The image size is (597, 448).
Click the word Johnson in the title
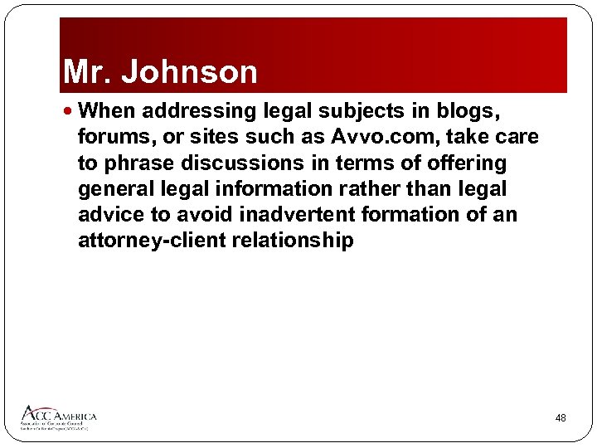click(190, 72)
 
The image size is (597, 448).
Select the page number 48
click(561, 418)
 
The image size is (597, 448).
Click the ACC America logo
click(58, 416)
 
